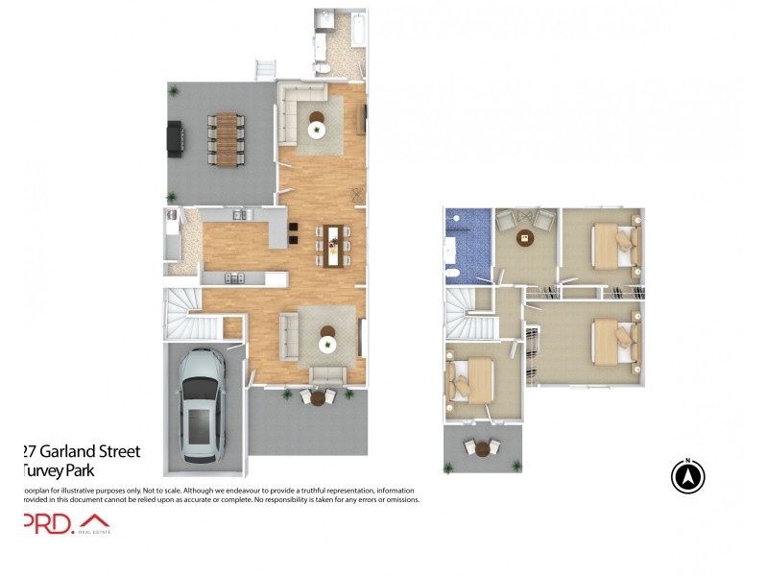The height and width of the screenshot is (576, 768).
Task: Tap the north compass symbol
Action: pyautogui.click(x=687, y=477)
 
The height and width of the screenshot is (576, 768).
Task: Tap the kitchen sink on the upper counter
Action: pyautogui.click(x=236, y=213)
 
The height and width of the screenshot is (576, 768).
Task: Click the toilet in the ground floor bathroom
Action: pyautogui.click(x=324, y=68)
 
